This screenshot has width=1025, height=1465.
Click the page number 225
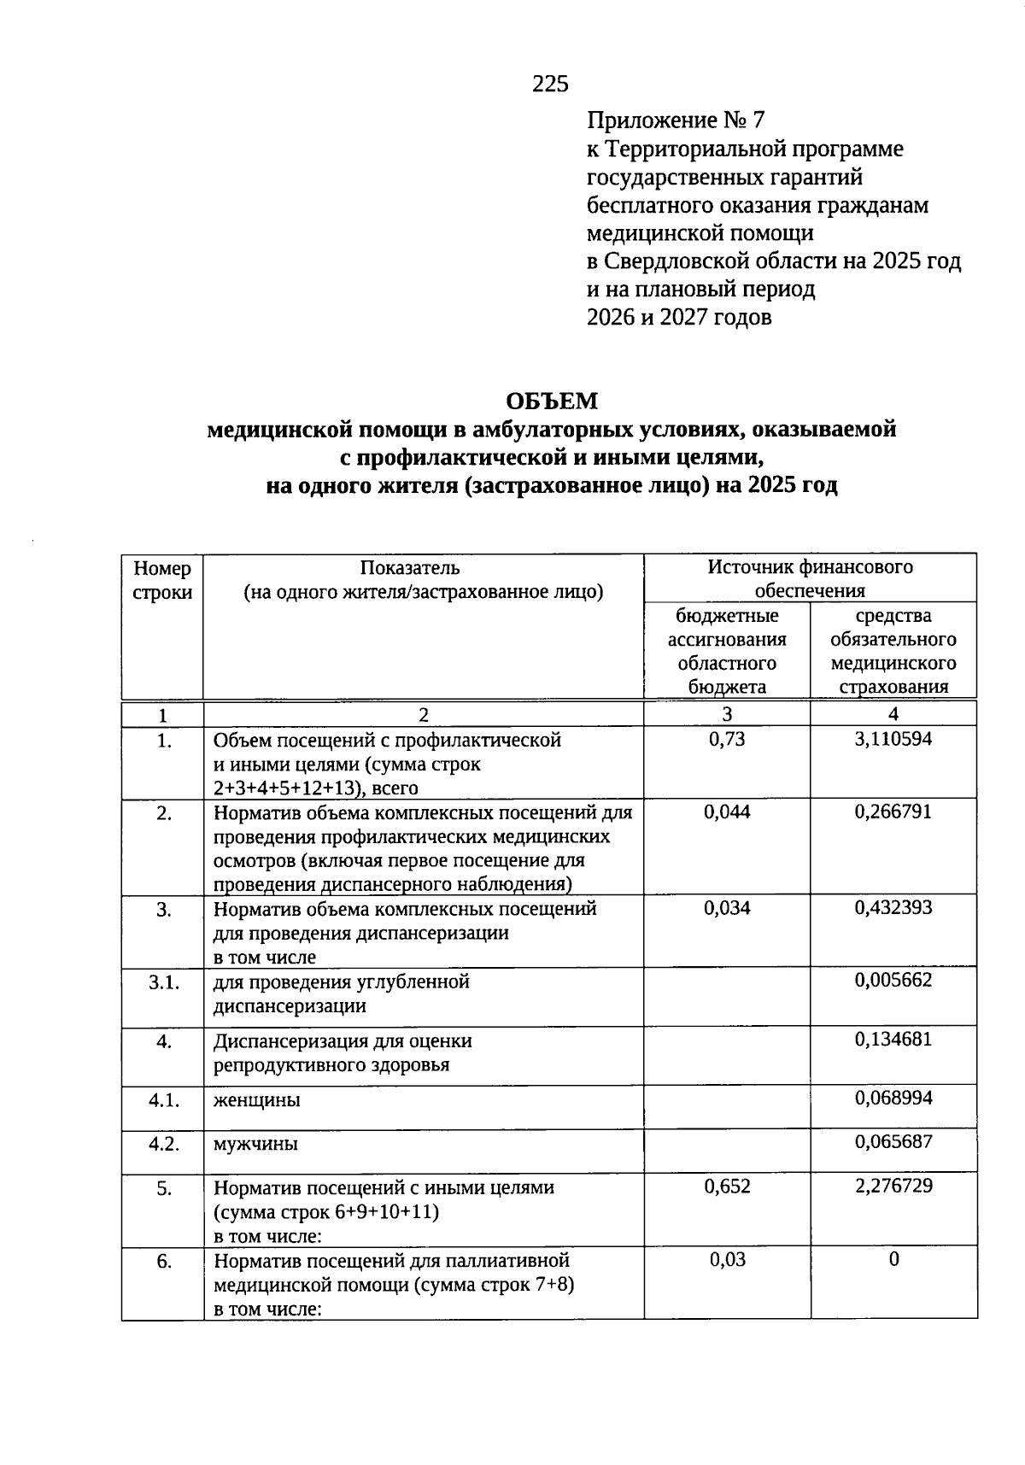point(550,84)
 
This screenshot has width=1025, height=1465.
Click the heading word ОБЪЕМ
point(552,401)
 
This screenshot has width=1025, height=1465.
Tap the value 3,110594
point(893,739)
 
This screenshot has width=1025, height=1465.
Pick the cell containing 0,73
point(726,739)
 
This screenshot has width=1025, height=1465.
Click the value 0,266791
point(893,812)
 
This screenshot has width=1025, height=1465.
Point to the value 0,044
point(726,812)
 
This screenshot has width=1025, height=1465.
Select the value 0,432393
point(893,907)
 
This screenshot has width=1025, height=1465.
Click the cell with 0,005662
point(893,980)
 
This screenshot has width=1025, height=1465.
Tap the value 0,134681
point(893,1040)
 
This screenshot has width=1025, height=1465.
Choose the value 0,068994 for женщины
point(893,1098)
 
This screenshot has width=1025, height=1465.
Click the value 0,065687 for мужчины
point(893,1142)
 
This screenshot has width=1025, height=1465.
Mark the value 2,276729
point(893,1186)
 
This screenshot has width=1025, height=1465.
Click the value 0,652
point(726,1186)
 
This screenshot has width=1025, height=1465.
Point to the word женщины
point(256,1100)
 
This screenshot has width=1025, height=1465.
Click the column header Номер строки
point(162,580)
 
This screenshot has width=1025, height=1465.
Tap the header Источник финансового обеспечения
point(809,578)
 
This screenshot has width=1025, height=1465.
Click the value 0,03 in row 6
point(726,1259)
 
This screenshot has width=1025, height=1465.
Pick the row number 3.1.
point(163,982)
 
